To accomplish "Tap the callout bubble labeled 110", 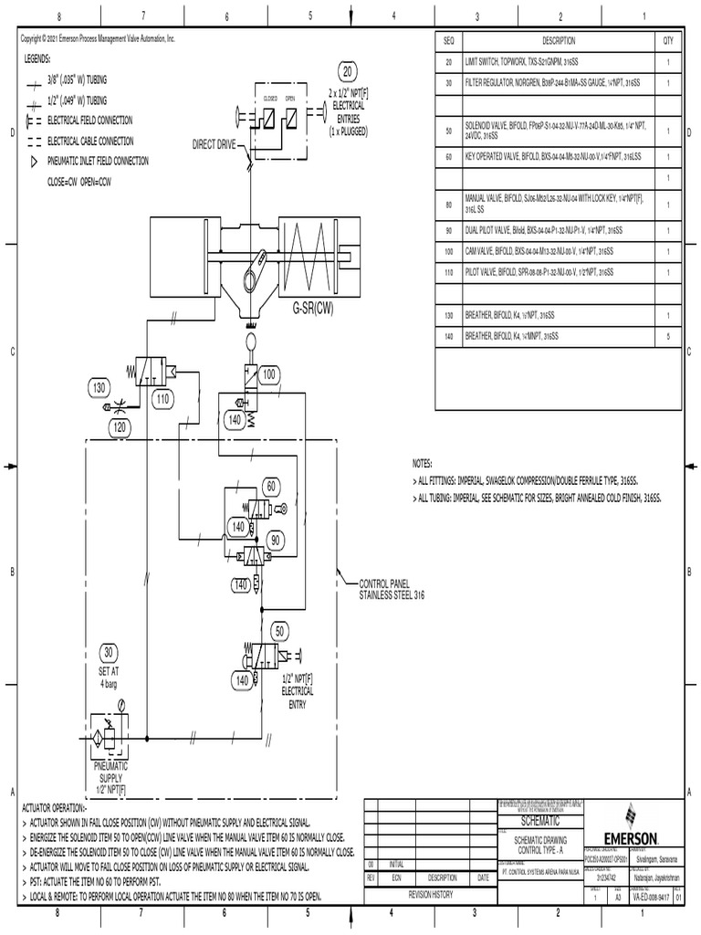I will [x=162, y=400].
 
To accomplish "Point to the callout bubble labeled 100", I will [x=269, y=375].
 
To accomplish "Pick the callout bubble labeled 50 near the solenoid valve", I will [x=278, y=632].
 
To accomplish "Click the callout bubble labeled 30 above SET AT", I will [x=109, y=652].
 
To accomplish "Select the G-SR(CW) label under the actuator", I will [x=313, y=309].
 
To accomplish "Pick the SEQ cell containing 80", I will [x=448, y=203].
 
